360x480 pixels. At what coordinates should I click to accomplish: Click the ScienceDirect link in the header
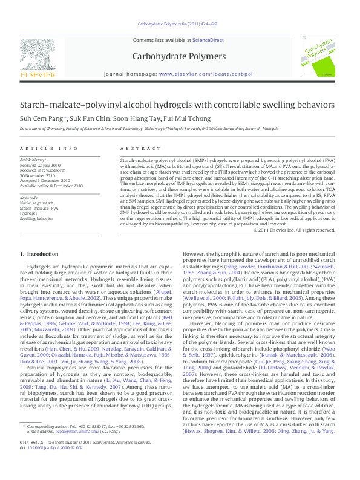208,41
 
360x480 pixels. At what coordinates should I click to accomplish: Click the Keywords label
29,198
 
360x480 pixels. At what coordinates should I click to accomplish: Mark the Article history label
32,160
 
